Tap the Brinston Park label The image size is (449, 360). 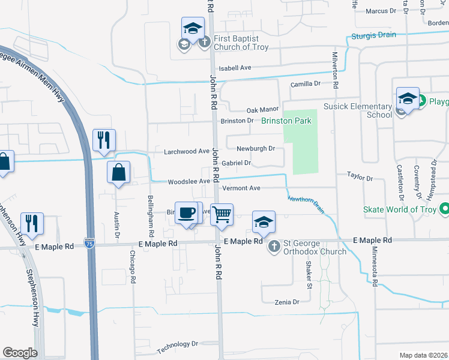tap(286, 121)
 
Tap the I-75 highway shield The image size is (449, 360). tap(89, 243)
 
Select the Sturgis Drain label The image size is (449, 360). tap(378, 35)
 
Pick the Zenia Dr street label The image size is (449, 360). tap(286, 302)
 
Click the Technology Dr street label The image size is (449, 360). tap(177, 346)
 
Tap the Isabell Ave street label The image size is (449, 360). tap(235, 68)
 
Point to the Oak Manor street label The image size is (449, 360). tap(263, 110)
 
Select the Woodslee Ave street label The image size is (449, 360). tap(188, 181)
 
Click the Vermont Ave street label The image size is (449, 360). tap(241, 188)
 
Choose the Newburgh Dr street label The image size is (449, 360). tap(255, 148)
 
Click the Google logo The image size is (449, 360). tap(20, 353)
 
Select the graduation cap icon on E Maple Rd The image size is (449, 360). tap(263, 222)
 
